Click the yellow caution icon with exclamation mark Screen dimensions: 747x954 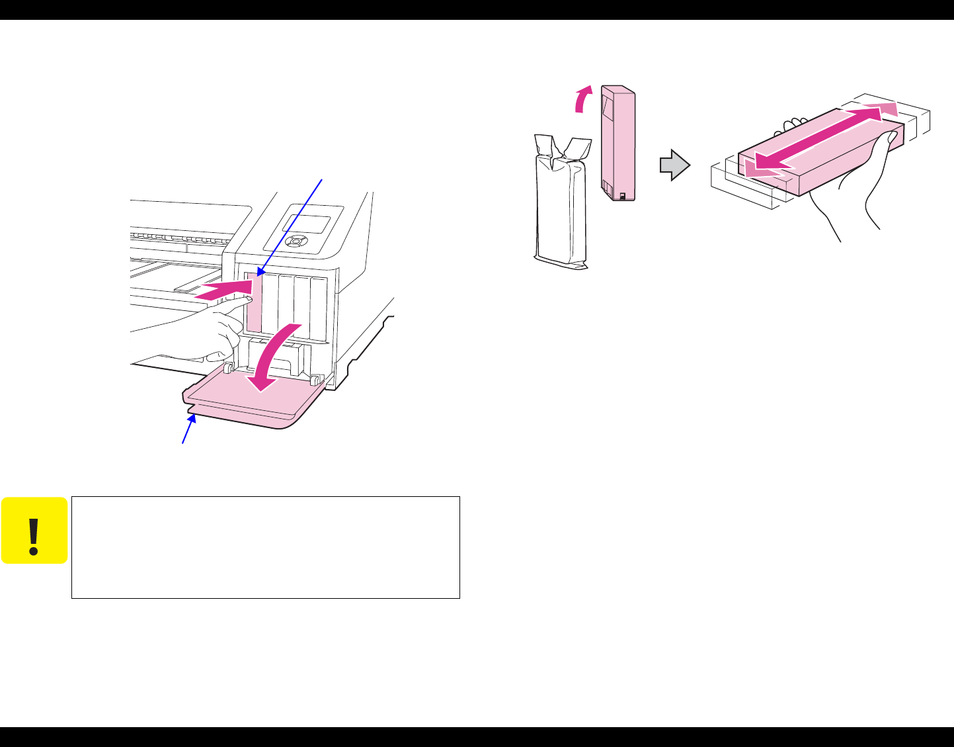34,531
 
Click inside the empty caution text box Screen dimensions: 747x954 265,548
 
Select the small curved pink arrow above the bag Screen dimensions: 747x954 582,101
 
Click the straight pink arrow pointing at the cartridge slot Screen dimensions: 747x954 225,290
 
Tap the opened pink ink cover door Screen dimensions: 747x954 251,404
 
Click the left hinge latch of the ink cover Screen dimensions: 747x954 226,368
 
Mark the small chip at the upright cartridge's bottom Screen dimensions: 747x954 622,196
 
